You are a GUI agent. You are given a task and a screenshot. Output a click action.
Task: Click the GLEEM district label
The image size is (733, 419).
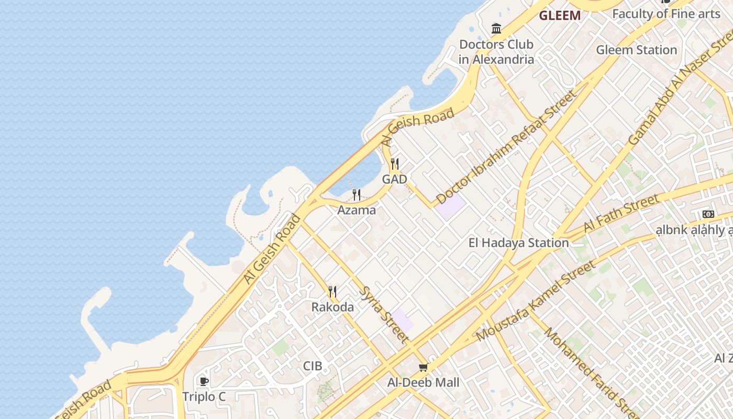pos(560,16)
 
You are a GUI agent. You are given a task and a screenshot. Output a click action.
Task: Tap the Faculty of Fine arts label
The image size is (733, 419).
pos(666,14)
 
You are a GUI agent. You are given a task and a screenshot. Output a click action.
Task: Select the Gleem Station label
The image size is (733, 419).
pos(636,50)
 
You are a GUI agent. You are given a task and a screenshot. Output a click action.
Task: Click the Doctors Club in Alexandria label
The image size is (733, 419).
pos(496,52)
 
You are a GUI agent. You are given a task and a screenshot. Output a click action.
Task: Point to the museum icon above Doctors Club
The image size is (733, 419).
pos(496,28)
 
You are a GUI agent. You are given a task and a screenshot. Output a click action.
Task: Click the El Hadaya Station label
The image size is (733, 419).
pos(518,243)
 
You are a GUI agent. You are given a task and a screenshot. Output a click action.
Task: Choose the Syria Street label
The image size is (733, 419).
pos(385,314)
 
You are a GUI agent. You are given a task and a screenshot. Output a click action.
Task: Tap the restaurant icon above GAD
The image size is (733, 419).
pos(395,164)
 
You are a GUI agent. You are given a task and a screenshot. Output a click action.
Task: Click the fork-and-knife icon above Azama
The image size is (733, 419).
pos(357,195)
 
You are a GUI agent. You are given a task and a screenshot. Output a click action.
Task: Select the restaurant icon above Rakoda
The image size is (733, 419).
pos(332,292)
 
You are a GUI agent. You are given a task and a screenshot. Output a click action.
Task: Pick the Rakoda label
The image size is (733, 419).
pos(332,307)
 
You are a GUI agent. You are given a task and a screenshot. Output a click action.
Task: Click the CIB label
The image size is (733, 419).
pos(313,366)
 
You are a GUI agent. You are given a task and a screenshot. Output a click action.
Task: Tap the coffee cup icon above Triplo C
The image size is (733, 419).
pos(204,381)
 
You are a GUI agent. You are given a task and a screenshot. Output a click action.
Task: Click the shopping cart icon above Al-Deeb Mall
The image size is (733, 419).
pos(423,367)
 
